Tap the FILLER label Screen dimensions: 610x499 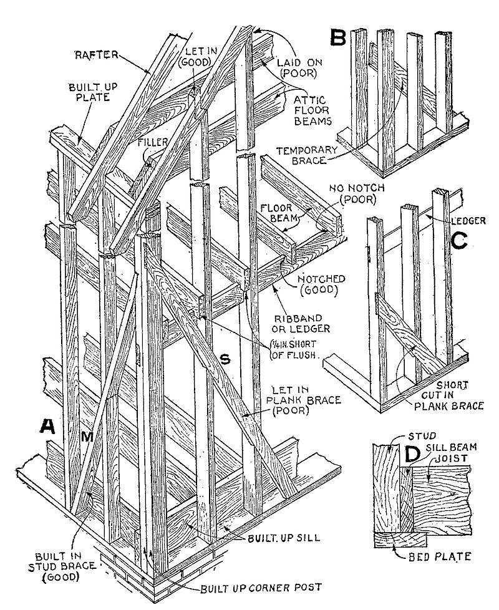[152, 142]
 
